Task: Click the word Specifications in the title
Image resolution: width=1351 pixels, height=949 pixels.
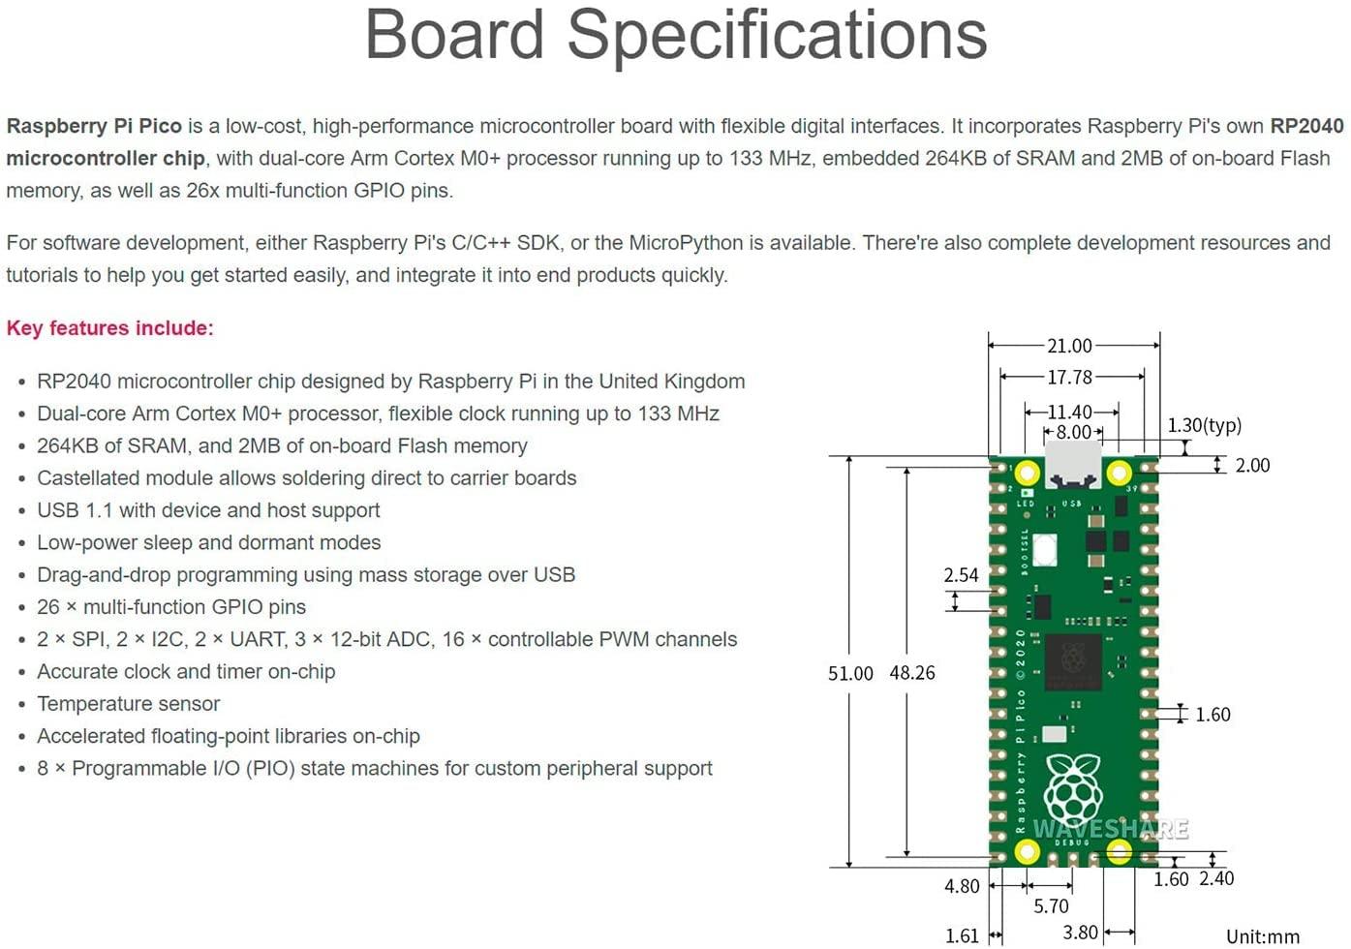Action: (777, 35)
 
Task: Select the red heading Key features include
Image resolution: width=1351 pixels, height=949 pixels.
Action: (109, 328)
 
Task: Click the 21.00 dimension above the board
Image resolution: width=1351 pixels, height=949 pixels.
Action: (1069, 346)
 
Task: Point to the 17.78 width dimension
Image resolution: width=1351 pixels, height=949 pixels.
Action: (1069, 377)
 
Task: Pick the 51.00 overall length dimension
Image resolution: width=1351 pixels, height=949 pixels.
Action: (850, 673)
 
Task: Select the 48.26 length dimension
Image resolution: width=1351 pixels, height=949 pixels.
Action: (912, 673)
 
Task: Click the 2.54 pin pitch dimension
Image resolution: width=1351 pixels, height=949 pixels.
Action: (961, 575)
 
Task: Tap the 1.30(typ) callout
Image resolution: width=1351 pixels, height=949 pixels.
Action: (1204, 425)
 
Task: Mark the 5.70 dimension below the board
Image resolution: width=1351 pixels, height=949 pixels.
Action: (1051, 906)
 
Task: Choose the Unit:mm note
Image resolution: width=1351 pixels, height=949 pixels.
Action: (1263, 936)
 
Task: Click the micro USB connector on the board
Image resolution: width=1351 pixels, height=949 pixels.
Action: (1073, 465)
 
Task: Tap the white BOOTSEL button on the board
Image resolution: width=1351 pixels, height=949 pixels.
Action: (1045, 550)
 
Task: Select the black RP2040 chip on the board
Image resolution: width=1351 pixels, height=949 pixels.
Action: (1072, 662)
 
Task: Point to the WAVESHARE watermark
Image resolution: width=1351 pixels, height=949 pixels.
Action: (1110, 829)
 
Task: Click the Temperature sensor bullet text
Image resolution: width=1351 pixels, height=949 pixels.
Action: (128, 704)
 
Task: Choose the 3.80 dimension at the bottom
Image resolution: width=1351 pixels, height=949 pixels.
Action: (1080, 933)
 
